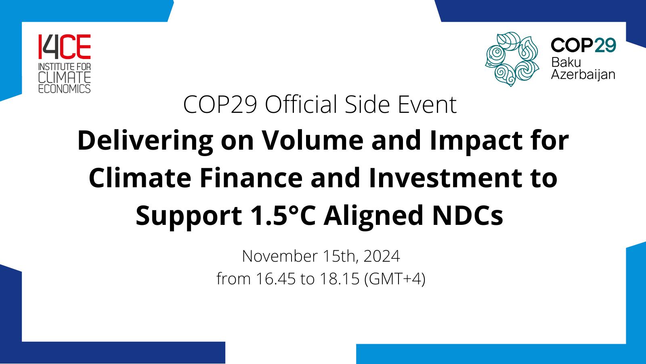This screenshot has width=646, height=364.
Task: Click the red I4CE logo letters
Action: tap(65, 47)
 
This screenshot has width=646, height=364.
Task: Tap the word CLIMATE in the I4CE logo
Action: tap(65, 77)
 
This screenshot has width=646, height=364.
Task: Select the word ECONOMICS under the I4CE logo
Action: tap(65, 89)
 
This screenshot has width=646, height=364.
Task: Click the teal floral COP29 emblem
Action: tap(512, 59)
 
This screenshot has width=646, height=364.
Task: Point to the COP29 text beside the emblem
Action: tap(583, 45)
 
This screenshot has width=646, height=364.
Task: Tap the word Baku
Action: tap(566, 62)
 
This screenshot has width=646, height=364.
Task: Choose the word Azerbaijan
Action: tap(583, 74)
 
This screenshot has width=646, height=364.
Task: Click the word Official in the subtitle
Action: tap(301, 105)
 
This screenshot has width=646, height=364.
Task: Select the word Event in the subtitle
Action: tap(427, 105)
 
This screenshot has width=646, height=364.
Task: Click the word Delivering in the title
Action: tap(145, 141)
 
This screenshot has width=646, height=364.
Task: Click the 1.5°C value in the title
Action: tap(283, 216)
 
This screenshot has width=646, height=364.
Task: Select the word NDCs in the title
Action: tap(468, 216)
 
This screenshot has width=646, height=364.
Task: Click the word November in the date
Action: tap(279, 256)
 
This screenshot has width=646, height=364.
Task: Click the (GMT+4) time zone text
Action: tap(394, 279)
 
